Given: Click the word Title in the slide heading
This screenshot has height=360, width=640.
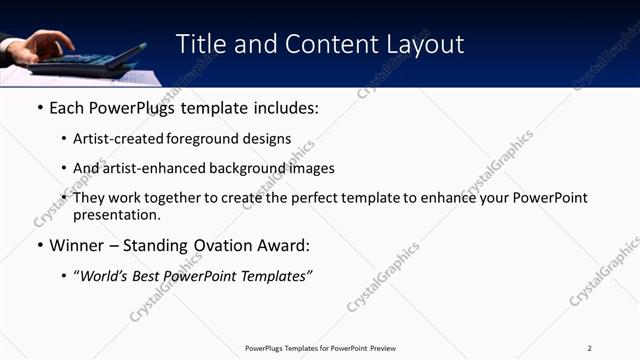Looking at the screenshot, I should click(x=201, y=44).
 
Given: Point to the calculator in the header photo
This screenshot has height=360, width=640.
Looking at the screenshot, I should click(x=95, y=60).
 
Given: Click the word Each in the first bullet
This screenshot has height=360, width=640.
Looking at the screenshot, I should click(x=67, y=107).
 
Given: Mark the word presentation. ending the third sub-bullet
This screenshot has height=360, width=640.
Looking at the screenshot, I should click(x=116, y=215).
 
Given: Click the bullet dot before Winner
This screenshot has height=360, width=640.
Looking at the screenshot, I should click(x=39, y=246).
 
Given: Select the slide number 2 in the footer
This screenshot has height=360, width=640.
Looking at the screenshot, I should click(x=590, y=348).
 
